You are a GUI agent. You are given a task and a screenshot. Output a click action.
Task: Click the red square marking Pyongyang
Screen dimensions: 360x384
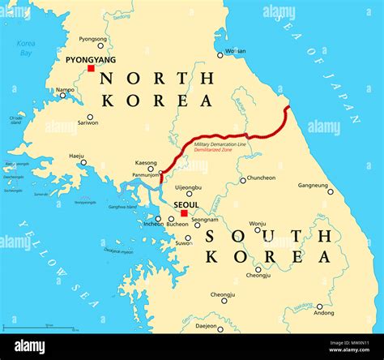(x=91, y=68)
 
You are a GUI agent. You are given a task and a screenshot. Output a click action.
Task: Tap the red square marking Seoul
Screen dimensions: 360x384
(x=184, y=214)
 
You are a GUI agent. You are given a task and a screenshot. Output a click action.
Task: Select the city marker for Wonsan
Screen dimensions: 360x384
(x=220, y=55)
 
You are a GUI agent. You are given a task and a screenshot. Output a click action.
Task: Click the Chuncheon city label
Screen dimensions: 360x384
(x=261, y=178)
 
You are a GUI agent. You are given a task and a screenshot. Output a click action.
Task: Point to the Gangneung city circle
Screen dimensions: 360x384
(x=330, y=191)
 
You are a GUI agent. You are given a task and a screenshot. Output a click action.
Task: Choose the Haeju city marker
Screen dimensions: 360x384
(x=83, y=162)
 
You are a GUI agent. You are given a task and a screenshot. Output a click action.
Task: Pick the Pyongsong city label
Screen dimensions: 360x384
(x=92, y=38)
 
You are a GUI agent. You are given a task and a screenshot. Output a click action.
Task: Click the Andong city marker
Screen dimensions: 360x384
(x=325, y=302)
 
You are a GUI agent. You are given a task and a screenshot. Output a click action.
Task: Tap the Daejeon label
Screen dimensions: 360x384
(x=207, y=327)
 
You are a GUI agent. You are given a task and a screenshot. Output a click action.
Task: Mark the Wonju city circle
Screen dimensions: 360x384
(x=258, y=229)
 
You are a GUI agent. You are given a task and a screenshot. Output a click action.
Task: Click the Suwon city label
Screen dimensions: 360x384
(x=185, y=242)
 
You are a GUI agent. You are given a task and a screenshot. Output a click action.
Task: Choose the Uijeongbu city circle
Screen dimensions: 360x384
(x=189, y=195)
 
